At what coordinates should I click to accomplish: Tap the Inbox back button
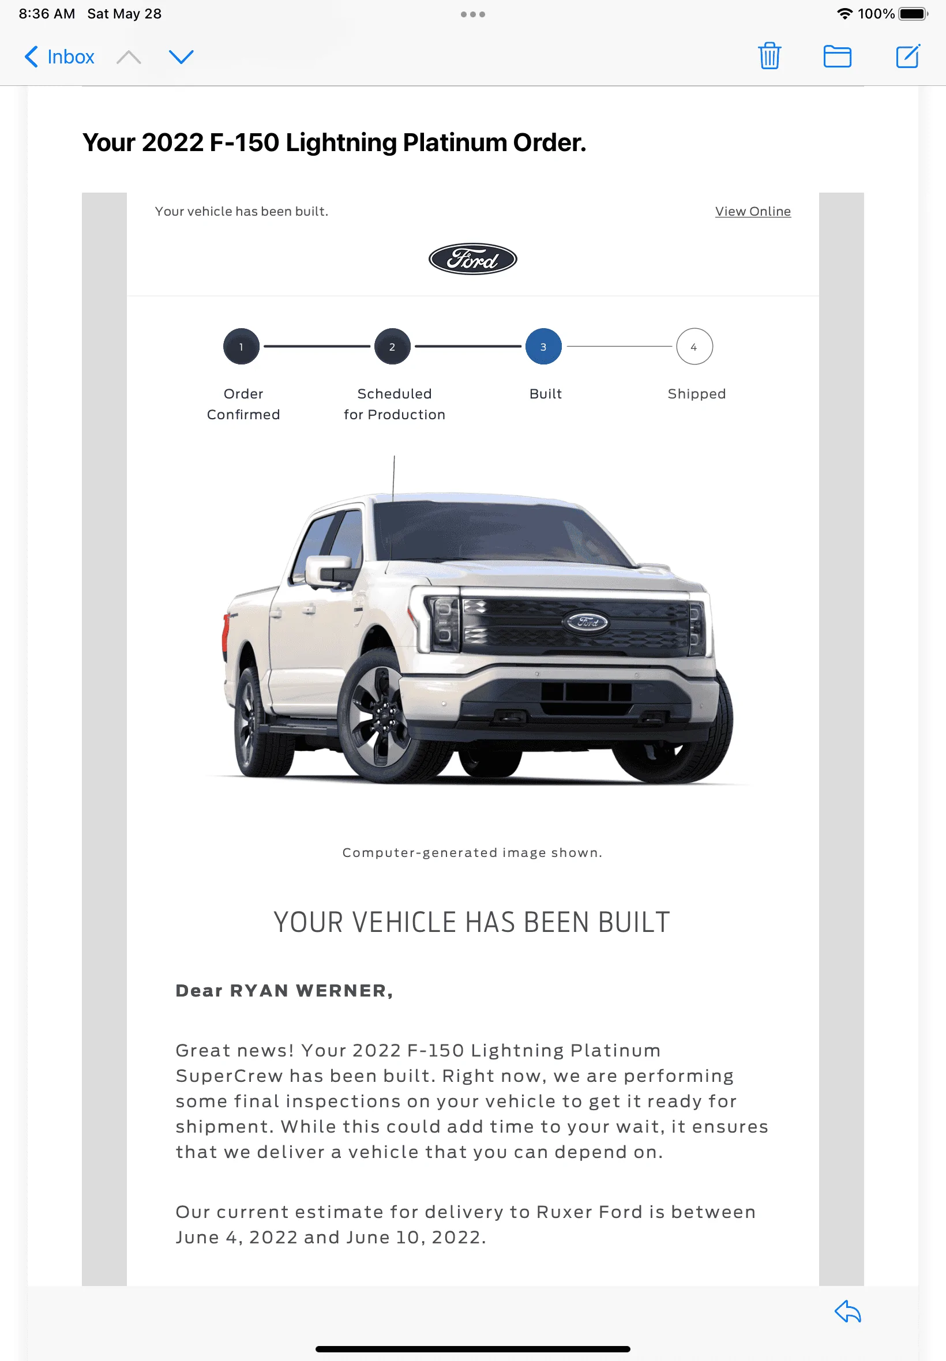point(59,57)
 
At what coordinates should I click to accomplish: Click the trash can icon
point(769,57)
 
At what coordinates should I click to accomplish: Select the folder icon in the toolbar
point(837,57)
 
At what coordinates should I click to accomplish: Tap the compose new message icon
point(907,57)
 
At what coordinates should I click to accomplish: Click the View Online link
point(753,212)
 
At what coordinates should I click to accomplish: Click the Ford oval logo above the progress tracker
point(472,259)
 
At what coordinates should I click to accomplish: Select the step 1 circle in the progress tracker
point(241,347)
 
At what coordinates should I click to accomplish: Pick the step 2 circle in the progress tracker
point(392,347)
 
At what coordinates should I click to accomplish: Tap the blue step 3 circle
point(543,347)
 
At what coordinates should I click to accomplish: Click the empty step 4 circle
point(694,347)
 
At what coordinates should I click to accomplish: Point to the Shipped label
point(696,394)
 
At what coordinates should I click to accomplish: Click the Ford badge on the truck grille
point(585,622)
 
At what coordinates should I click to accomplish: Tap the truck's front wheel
point(378,714)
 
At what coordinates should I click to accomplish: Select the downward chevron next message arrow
point(181,57)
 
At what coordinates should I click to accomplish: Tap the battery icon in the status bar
point(913,14)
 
